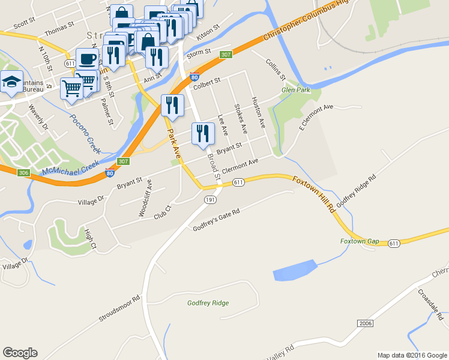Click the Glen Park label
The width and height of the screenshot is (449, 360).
(296, 91)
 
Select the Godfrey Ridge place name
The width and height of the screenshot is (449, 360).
(208, 303)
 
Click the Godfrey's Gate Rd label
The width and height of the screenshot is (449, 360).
(216, 220)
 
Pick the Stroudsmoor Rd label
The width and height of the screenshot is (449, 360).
(119, 307)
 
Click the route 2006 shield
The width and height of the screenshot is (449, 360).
(365, 323)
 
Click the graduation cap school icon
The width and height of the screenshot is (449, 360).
(11, 82)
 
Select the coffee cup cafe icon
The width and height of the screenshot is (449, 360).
(88, 58)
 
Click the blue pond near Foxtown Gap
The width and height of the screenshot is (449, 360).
(294, 271)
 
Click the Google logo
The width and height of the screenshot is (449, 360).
(20, 353)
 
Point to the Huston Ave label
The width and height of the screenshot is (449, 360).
(258, 112)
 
